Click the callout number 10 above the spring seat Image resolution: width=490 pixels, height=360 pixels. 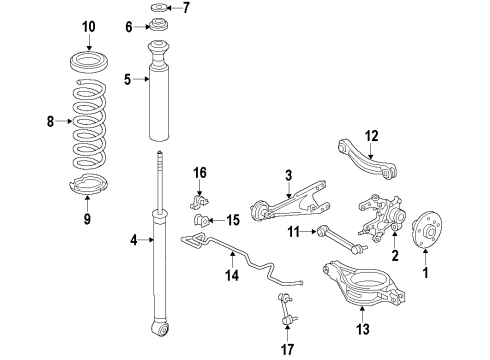click(x=88, y=25)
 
